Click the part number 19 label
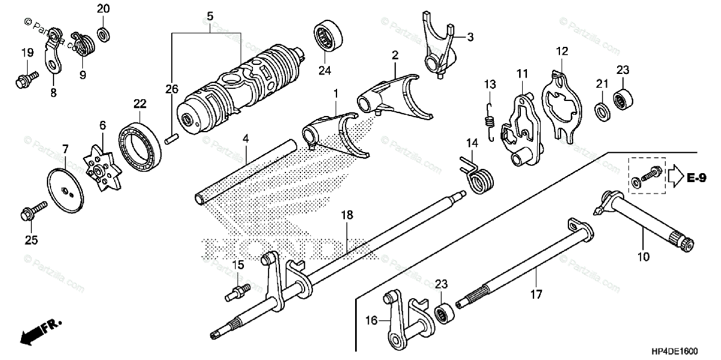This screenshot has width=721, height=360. [x=26, y=53]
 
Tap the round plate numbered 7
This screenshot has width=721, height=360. [x=66, y=188]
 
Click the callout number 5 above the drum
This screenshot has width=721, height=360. [x=209, y=13]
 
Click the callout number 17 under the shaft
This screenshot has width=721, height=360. [x=536, y=294]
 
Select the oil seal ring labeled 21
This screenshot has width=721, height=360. [x=601, y=110]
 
